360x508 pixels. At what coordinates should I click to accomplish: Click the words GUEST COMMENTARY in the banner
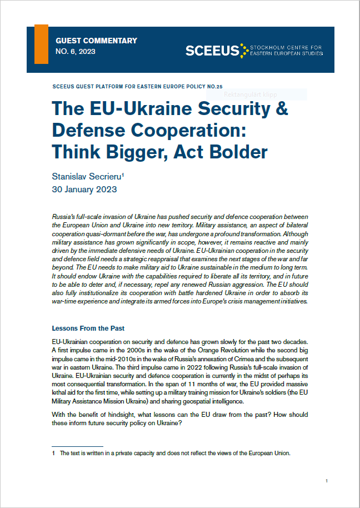click(96, 41)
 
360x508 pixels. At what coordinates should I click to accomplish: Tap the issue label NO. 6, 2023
click(76, 52)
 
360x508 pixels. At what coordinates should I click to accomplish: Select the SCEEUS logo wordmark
click(212, 51)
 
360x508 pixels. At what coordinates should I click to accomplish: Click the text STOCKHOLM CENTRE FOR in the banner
click(287, 48)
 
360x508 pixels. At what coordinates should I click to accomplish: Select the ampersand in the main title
click(281, 108)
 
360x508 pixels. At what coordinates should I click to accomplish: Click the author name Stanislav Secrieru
click(88, 176)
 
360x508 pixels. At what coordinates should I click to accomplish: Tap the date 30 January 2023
click(84, 189)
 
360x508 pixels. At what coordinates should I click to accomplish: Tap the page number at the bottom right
click(327, 481)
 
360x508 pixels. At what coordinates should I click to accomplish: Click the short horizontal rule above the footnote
click(77, 446)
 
